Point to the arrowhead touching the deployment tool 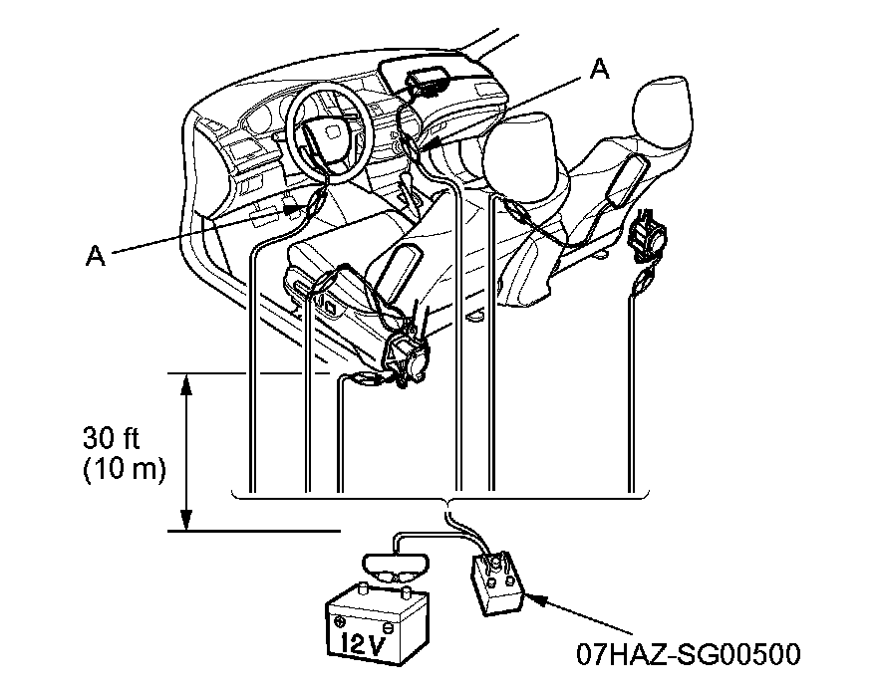click(528, 597)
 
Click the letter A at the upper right click(599, 68)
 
